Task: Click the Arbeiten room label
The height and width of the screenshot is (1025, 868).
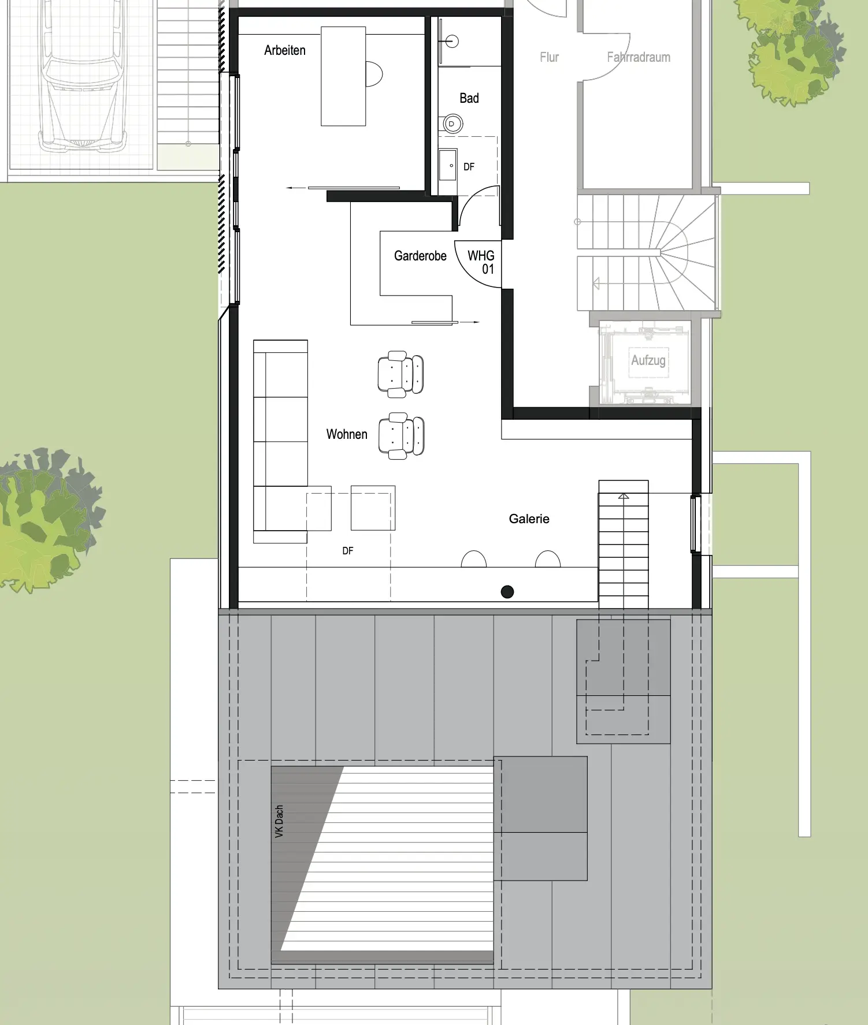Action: pos(285,50)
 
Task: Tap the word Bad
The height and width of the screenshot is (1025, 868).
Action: pos(469,98)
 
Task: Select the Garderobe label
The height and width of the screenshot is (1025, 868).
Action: pos(420,256)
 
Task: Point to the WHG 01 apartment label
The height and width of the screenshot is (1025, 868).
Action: pos(481,262)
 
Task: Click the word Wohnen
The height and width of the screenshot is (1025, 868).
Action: pos(347,434)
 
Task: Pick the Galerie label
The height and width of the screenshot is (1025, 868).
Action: pos(529,519)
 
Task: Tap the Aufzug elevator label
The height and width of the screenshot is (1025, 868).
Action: pos(648,360)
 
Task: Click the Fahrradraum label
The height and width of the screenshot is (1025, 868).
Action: pos(639,57)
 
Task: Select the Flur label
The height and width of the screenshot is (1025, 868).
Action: pos(549,57)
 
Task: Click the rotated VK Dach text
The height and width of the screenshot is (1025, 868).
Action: pos(279,821)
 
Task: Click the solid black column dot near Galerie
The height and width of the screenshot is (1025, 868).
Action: pos(507,592)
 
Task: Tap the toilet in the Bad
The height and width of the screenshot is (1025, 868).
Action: pos(452,124)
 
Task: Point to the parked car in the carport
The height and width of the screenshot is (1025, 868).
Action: pos(83,78)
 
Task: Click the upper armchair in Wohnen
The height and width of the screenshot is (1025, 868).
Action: pos(400,374)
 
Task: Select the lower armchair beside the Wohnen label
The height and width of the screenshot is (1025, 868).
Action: pos(401,436)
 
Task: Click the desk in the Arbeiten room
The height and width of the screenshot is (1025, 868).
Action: pos(343,76)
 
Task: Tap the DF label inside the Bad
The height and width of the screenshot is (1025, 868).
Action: pos(469,167)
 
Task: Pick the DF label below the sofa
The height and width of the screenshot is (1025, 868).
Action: pos(347,551)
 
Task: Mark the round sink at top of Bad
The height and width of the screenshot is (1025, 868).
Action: pos(452,42)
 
